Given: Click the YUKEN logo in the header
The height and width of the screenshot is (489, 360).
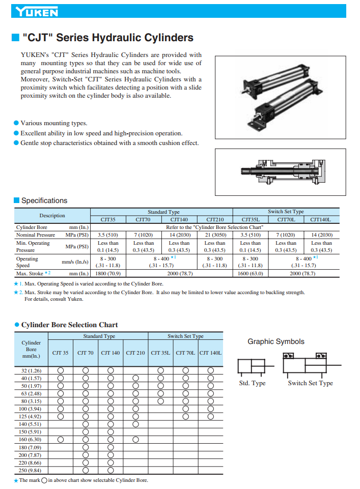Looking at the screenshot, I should (37, 12).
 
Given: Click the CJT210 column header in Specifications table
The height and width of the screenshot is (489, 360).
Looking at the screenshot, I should (215, 219).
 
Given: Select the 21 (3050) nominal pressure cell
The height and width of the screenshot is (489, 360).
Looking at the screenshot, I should (215, 235).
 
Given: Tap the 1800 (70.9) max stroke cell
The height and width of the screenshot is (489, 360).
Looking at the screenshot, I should (108, 273).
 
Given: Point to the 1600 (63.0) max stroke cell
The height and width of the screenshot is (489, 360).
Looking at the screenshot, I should (251, 273).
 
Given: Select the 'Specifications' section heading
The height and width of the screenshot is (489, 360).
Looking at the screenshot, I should (44, 200).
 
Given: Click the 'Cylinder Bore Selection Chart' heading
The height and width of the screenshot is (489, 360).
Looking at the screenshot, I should (69, 325).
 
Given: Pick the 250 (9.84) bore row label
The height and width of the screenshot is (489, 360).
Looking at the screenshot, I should (31, 470).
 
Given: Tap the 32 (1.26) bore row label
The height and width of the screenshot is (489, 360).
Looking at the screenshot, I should (31, 370).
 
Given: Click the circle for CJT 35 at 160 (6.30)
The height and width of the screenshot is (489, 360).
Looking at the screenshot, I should (61, 440).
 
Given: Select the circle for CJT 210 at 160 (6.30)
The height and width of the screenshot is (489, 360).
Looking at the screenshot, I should (135, 440).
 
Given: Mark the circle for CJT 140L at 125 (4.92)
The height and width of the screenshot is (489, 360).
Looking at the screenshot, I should (210, 417).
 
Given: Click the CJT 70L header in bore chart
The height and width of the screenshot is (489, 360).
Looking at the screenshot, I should (185, 353).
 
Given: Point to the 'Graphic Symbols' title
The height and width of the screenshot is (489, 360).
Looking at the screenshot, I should (276, 341).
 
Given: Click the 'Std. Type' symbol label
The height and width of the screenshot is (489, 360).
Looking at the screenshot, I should (252, 383).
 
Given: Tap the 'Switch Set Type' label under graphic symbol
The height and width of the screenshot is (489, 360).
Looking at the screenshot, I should (310, 383).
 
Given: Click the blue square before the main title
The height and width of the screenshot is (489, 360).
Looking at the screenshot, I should (15, 38).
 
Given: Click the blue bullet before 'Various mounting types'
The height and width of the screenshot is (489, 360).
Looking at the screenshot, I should (16, 123).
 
